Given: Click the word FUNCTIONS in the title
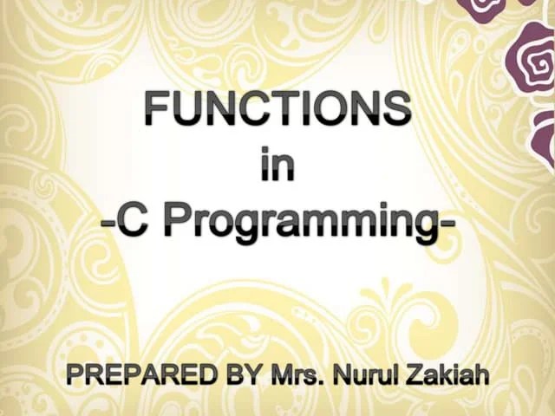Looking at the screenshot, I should click(277, 108).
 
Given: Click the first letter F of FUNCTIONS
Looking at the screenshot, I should click(156, 108).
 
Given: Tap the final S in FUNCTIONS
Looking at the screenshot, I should click(397, 108).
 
